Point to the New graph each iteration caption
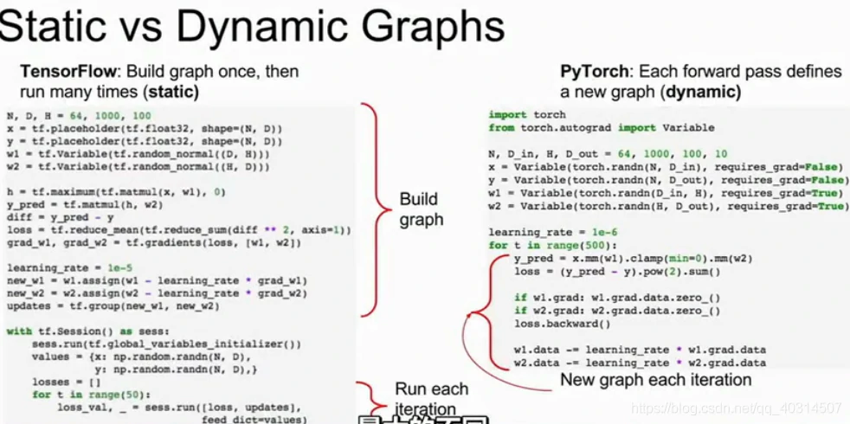655,380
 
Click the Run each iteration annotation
431,398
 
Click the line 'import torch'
527,114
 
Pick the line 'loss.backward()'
562,324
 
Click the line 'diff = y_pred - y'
60,217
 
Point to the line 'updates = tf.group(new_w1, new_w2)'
113,306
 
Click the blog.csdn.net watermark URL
736,408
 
